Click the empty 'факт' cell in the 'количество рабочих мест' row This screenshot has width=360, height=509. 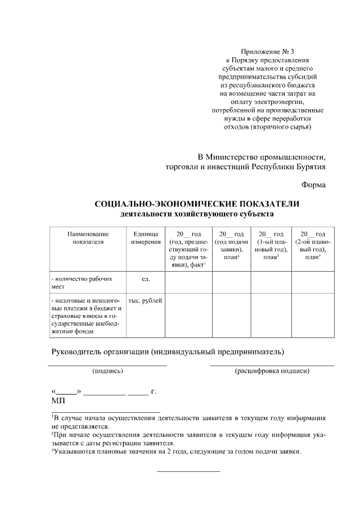[188, 282]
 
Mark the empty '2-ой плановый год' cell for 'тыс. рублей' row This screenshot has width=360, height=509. [312, 316]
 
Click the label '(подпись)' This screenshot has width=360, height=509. [107, 371]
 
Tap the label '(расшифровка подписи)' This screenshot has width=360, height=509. [272, 371]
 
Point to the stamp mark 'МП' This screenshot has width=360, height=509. [58, 401]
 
